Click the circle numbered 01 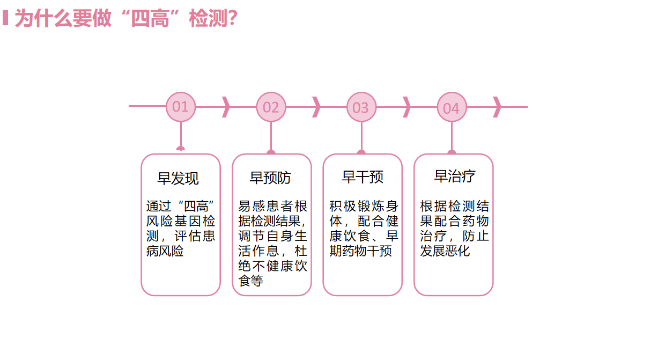click(x=181, y=107)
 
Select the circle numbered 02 click(x=271, y=107)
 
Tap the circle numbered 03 click(x=361, y=107)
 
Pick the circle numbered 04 click(x=452, y=107)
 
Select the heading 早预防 click(x=271, y=178)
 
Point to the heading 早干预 click(x=363, y=177)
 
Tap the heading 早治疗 click(x=454, y=176)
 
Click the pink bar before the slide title click(x=5, y=18)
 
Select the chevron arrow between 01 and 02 click(x=226, y=107)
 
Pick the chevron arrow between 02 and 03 click(x=316, y=107)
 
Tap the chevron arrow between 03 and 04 click(x=406, y=107)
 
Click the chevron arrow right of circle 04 click(x=497, y=107)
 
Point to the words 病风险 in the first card click(x=165, y=251)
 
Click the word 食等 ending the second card click(x=250, y=281)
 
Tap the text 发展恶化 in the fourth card click(x=445, y=251)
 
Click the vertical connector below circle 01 click(x=181, y=134)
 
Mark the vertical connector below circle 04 click(x=452, y=135)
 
